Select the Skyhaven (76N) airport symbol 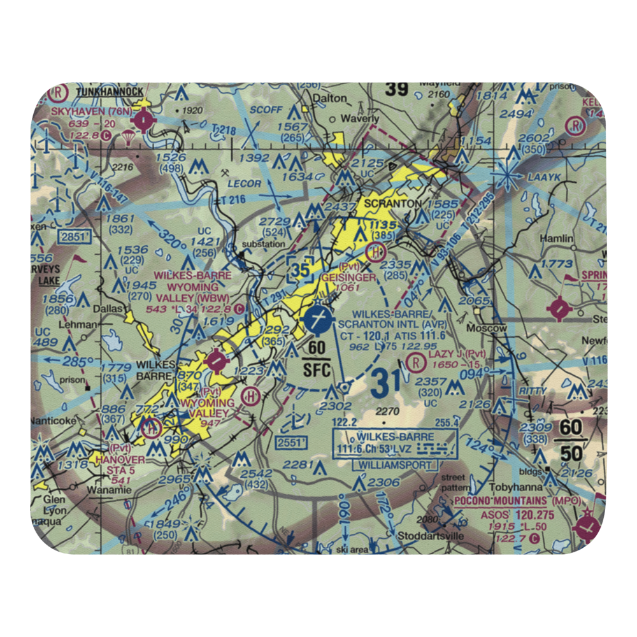pyautogui.click(x=145, y=118)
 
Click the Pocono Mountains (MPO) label pyautogui.click(x=517, y=501)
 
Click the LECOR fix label pyautogui.click(x=245, y=184)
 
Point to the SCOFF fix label pyautogui.click(x=266, y=110)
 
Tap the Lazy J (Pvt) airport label pyautogui.click(x=457, y=354)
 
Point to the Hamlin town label pyautogui.click(x=556, y=238)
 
